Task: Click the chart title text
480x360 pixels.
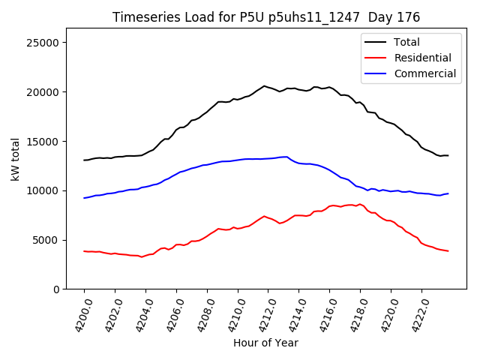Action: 266,17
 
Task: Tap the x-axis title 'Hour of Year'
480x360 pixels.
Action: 265,343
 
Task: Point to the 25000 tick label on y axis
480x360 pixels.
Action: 44,43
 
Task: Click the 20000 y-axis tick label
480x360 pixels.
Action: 44,92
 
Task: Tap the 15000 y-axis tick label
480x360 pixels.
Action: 44,142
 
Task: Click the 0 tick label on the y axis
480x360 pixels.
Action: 56,289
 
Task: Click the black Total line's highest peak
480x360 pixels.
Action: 264,86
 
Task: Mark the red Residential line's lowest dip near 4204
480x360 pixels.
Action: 141,257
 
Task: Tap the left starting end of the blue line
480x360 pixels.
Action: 84,198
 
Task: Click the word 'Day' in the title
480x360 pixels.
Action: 387,17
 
